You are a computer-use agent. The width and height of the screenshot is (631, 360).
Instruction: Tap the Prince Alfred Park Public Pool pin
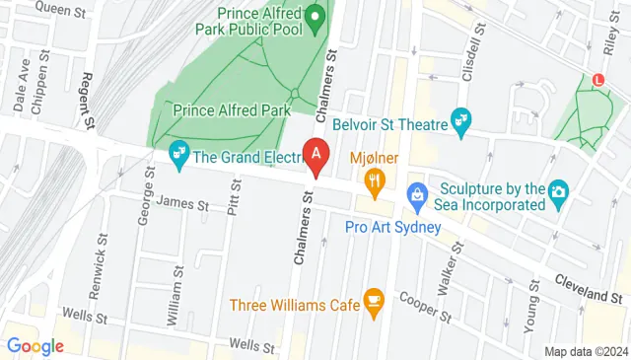pos(315,17)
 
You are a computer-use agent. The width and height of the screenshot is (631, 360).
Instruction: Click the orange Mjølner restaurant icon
pos(374,180)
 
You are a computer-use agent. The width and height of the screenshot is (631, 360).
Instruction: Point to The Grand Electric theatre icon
pos(178,153)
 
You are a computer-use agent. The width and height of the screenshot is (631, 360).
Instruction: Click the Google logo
pos(35,345)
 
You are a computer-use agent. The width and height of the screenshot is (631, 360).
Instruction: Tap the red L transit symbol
pos(597,80)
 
